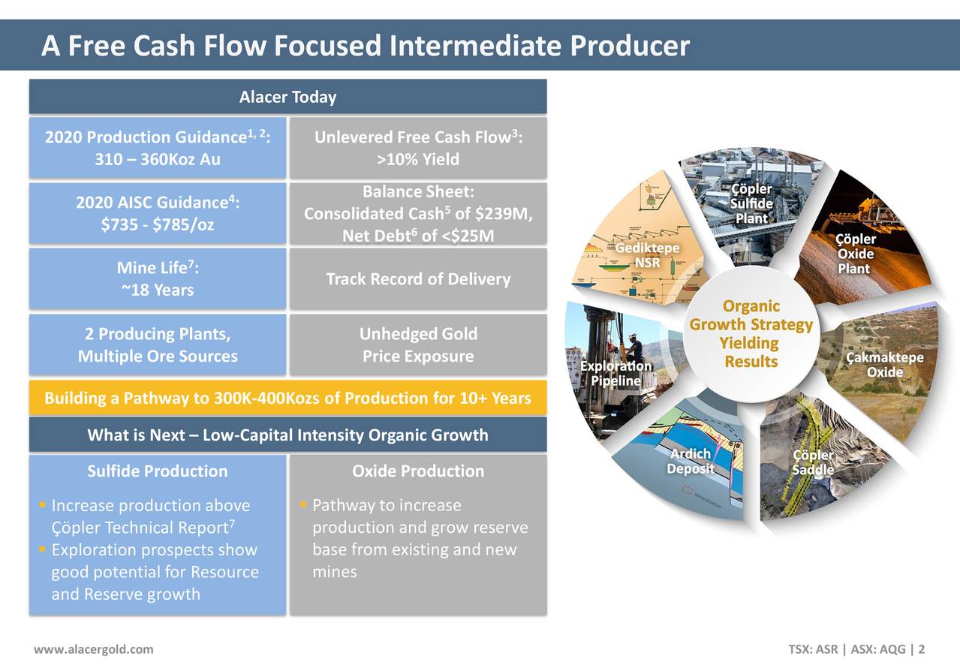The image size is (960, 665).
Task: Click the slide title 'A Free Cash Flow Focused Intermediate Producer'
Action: (x=365, y=47)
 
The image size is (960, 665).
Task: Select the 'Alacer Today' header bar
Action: (x=287, y=98)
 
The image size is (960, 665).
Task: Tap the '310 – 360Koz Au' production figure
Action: (x=158, y=159)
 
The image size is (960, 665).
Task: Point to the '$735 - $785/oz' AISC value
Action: (x=158, y=224)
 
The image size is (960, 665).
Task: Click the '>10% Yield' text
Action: (x=418, y=159)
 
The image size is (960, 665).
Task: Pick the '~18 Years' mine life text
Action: (x=158, y=290)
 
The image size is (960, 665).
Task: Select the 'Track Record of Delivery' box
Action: (x=418, y=279)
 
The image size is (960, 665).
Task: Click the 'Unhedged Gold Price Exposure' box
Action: (x=418, y=345)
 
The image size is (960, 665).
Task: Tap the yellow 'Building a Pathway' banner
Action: (x=287, y=398)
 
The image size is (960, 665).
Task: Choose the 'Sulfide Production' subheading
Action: (x=158, y=471)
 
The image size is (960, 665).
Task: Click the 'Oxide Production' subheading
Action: (x=418, y=471)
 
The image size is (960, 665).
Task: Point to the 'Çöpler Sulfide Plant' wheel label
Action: (x=751, y=203)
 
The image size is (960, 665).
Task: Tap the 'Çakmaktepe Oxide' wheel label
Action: (x=884, y=365)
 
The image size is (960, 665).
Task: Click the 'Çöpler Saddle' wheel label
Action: (x=813, y=462)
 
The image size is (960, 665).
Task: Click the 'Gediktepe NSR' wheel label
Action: (x=647, y=255)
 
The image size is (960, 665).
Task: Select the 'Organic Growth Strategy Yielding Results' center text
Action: (x=751, y=334)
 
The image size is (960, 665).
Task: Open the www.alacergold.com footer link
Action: (x=94, y=649)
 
